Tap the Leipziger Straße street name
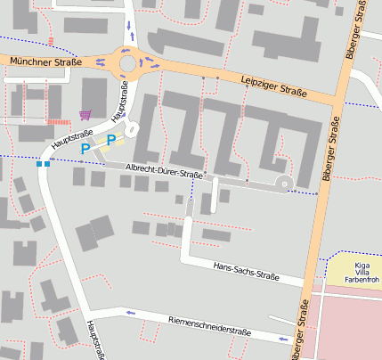273,86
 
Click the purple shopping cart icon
85,114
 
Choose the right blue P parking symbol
110,140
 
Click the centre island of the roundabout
128,63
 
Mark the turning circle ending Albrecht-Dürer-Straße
285,184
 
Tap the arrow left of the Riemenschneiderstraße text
130,313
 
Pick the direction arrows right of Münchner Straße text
100,62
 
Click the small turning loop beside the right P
132,130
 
